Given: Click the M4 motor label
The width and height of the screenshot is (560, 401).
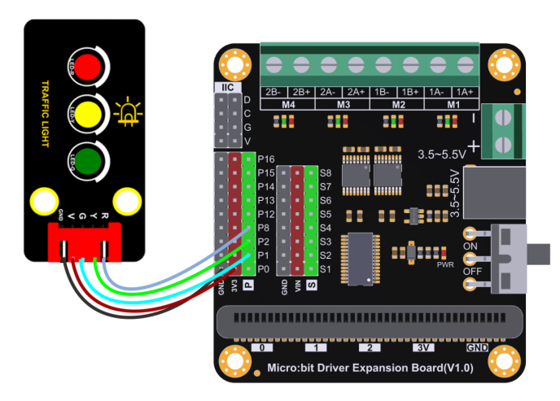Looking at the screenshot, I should coord(287,104).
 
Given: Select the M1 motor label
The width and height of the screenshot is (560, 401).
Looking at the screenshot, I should coord(452,104).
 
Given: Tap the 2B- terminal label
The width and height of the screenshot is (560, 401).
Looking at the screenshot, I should coord(273,92).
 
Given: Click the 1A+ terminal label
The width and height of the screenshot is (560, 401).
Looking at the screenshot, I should coord(466,92).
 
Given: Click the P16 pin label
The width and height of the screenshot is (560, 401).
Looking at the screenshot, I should coord(265,159).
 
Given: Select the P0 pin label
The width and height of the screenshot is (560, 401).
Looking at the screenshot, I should coord(264,268).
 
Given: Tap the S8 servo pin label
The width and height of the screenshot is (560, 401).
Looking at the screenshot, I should coord(326,172).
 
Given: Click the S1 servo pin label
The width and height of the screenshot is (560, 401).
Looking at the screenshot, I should coord(326,268).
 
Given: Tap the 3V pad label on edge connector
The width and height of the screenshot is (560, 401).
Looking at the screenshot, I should coord(422,347).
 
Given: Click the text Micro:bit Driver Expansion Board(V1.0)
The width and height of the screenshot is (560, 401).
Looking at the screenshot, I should coord(370,368).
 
